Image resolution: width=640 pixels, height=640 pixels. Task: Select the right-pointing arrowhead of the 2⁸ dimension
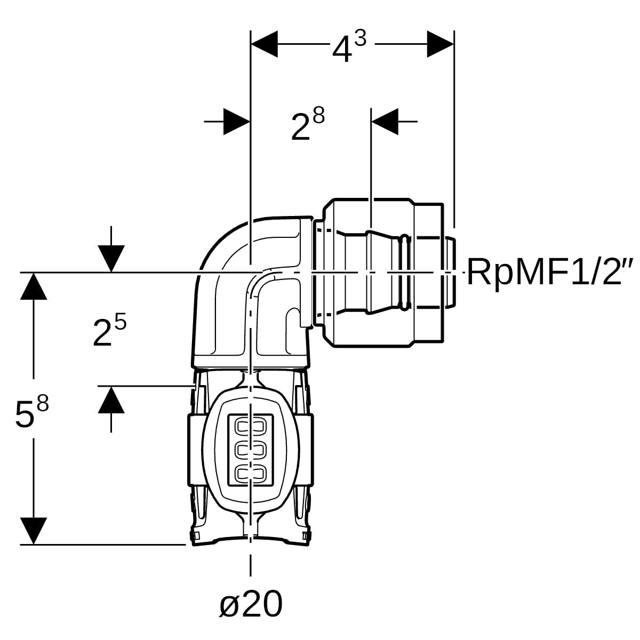[x=237, y=122]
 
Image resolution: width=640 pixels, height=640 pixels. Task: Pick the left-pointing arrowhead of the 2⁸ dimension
[x=385, y=122]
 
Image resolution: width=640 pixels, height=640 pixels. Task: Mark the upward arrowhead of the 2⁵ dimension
[x=111, y=399]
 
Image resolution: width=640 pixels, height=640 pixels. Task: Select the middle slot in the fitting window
[x=251, y=450]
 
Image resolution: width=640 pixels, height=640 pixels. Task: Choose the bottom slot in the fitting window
[x=251, y=473]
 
